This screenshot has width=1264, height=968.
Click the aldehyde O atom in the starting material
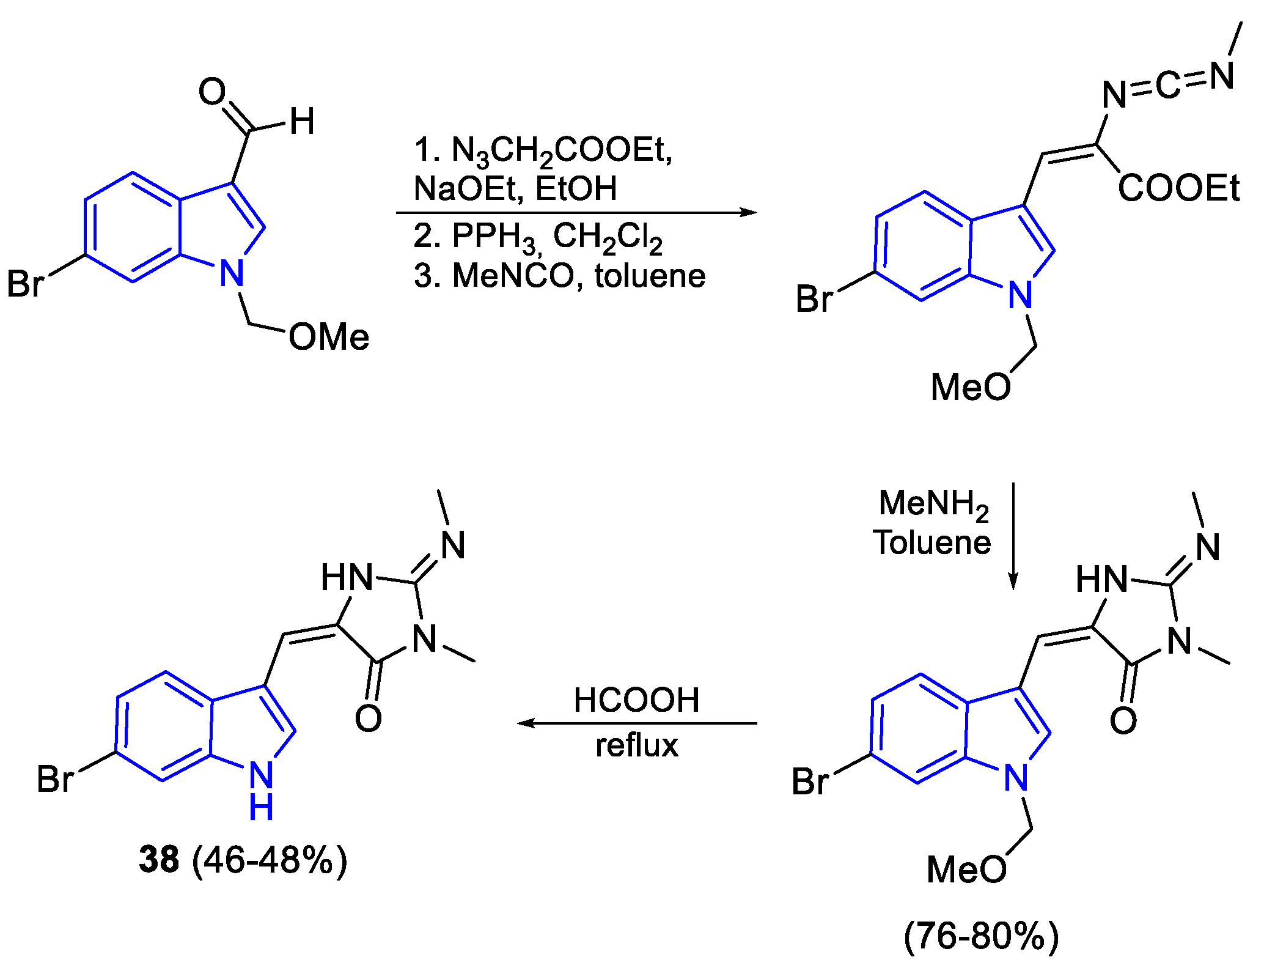pos(212,92)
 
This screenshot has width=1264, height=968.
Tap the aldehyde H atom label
pos(302,121)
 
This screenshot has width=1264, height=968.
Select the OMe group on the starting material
pos(329,337)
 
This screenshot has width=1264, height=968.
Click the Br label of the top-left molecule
pos(26,284)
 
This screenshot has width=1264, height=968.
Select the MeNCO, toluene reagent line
pos(559,276)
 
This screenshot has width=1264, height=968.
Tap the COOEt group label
pos(1178,188)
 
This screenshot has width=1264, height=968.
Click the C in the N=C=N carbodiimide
pos(1168,86)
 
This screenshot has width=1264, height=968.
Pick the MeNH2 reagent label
pos(933,504)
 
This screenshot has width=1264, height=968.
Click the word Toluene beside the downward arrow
pos(932,543)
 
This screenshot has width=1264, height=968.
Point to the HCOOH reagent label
pos(636,700)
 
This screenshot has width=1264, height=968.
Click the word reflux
pos(637,745)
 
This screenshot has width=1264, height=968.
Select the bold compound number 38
pos(159,859)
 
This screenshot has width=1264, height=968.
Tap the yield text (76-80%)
pos(981,936)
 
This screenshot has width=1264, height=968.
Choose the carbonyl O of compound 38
pos(368,719)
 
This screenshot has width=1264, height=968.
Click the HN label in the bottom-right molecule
pos(1101,578)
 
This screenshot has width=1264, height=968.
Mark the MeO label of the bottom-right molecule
pos(966,869)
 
